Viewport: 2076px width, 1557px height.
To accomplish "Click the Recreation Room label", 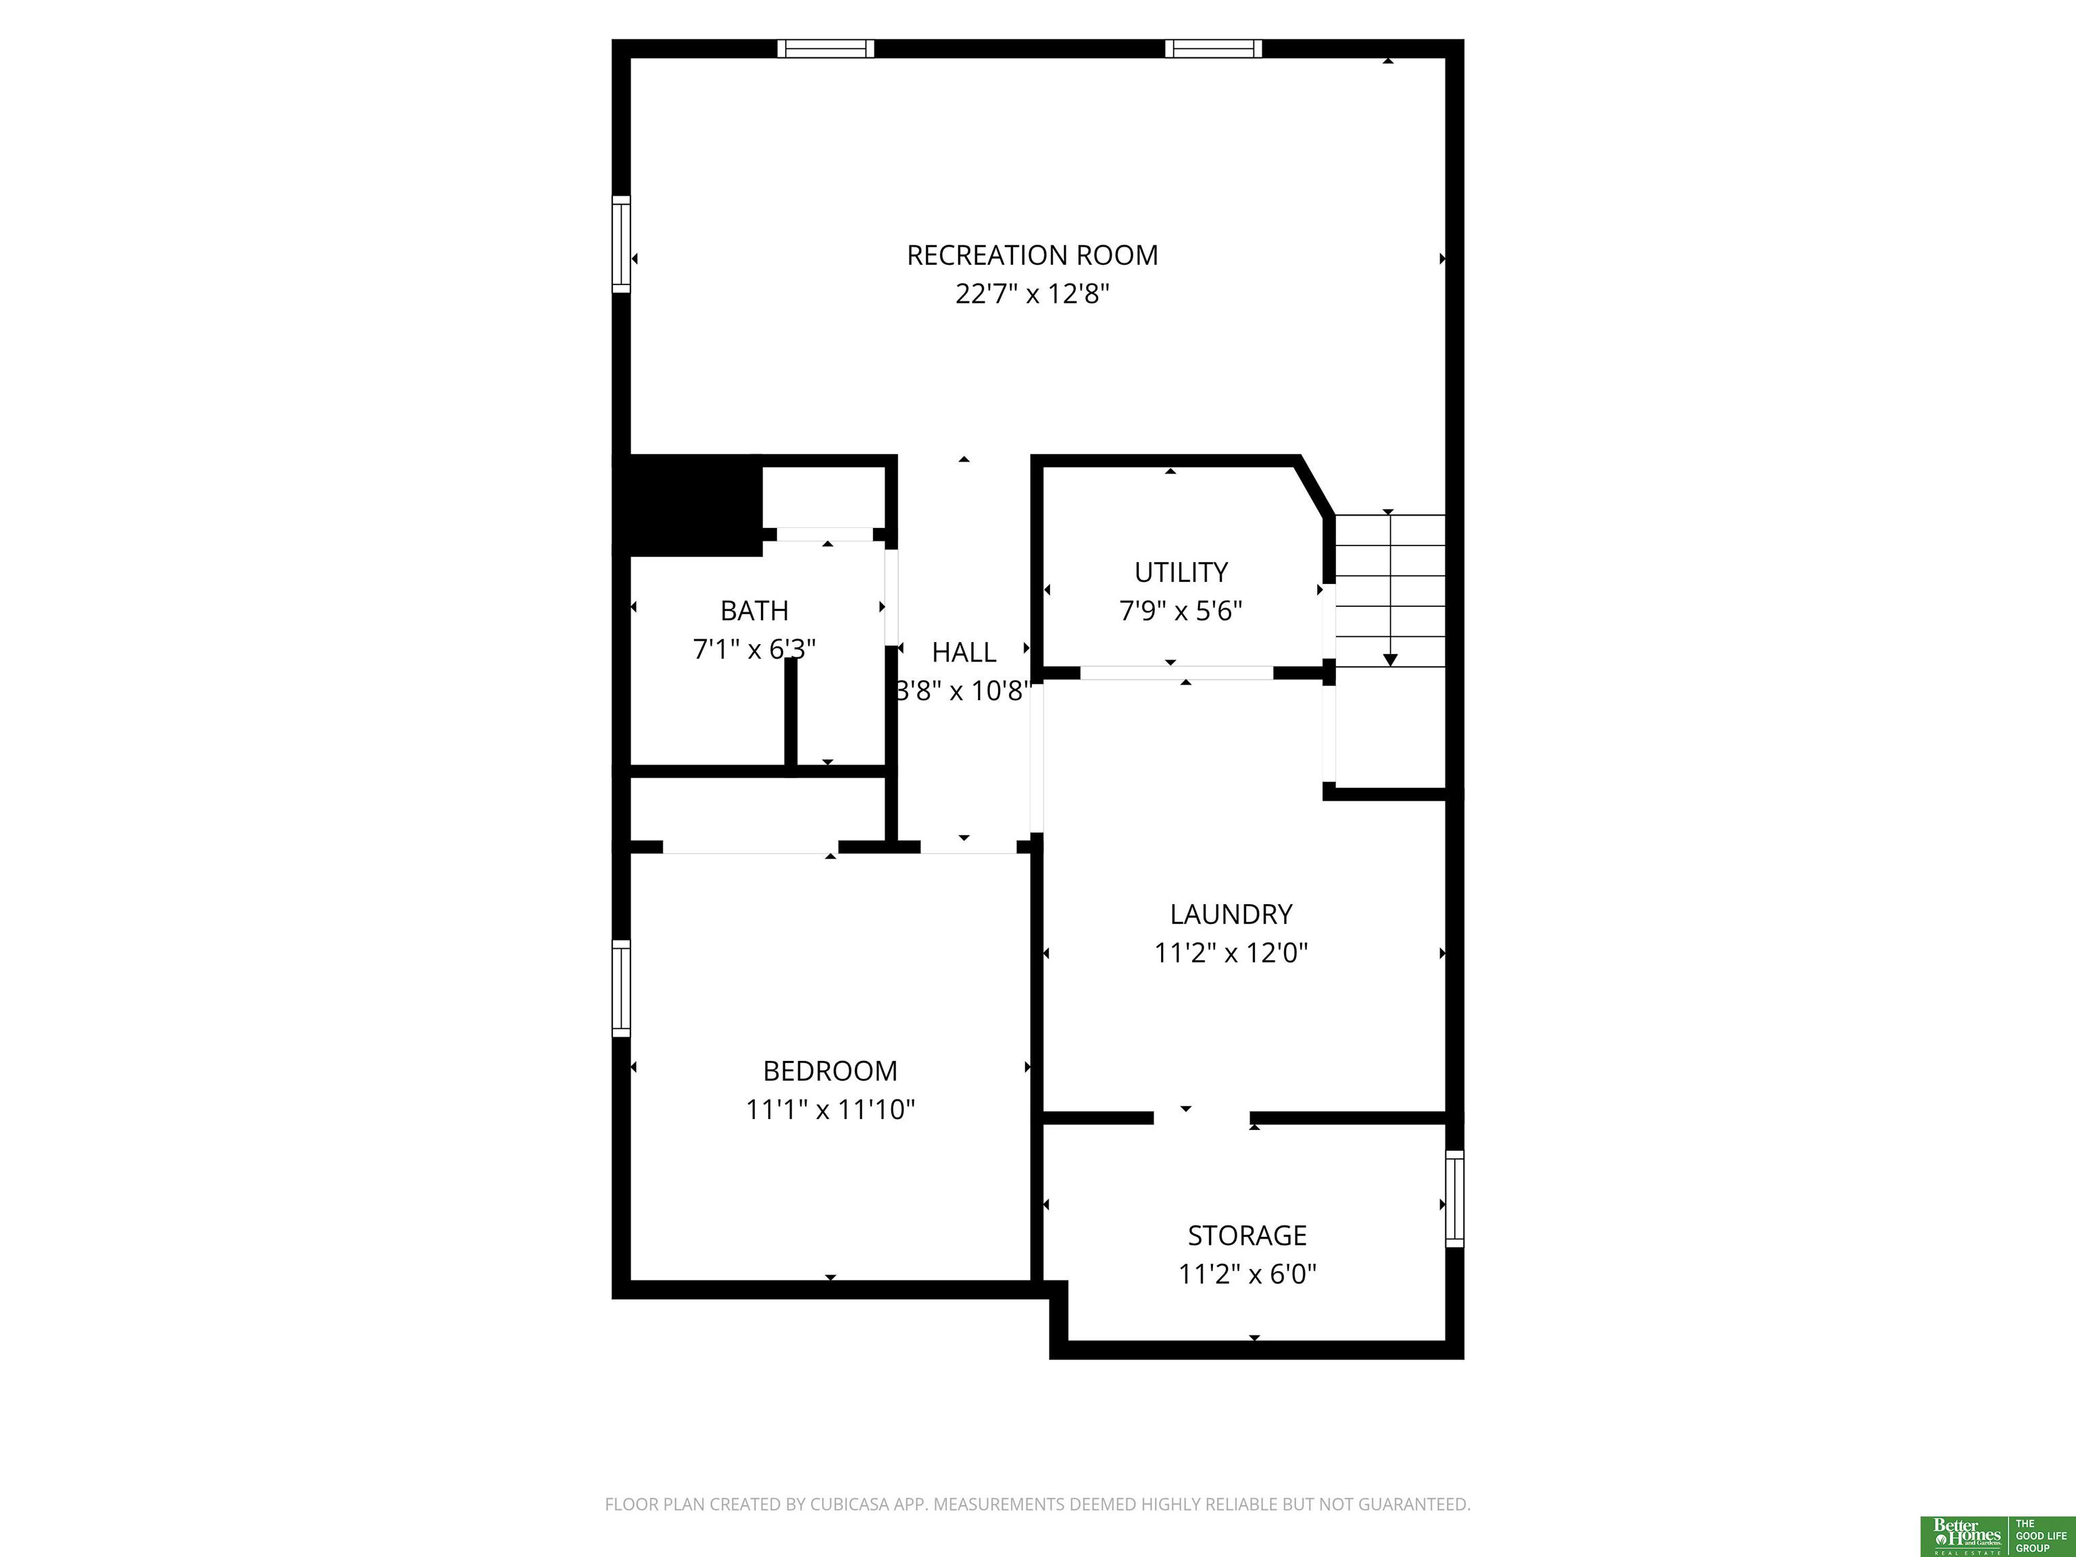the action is tap(1033, 255).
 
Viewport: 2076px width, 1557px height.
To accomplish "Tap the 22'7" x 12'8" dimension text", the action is tap(1033, 295).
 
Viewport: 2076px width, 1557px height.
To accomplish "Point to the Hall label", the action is tap(964, 652).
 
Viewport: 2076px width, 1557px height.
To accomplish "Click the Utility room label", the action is tap(1181, 572).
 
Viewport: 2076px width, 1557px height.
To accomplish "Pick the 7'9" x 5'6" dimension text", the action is tap(1181, 612).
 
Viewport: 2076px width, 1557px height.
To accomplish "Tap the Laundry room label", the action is tap(1231, 914).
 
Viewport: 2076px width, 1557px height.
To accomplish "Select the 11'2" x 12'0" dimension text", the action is tap(1231, 954).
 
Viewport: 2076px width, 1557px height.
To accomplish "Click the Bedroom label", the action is tap(830, 1071).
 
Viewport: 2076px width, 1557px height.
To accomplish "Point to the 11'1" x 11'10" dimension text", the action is tap(830, 1110).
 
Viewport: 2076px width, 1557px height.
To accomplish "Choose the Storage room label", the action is tap(1247, 1235).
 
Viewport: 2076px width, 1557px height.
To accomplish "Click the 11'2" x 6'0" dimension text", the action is tap(1247, 1275).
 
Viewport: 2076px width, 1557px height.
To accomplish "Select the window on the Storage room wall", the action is tap(1454, 1198).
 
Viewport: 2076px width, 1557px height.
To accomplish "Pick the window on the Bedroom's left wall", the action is tap(621, 988).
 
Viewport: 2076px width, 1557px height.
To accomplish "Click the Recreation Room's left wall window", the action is tap(621, 244).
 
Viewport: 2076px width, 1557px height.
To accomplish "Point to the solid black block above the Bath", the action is tap(687, 505).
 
